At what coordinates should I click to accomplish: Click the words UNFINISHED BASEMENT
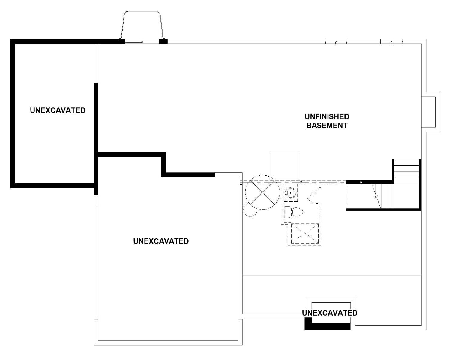click(x=327, y=121)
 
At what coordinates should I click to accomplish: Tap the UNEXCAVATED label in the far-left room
click(x=58, y=110)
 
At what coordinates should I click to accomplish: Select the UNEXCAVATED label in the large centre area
click(x=161, y=241)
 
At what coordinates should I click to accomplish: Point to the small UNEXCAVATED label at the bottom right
click(x=330, y=313)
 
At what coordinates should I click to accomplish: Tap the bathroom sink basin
click(x=290, y=192)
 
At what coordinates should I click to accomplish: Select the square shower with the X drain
click(x=304, y=233)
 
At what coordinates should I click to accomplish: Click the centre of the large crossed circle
click(x=262, y=192)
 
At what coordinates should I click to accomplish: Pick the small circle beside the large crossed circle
click(x=250, y=210)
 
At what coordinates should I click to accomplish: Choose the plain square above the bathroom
click(x=284, y=165)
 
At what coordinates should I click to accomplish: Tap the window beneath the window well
click(x=142, y=41)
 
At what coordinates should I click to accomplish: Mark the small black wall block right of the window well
click(x=163, y=41)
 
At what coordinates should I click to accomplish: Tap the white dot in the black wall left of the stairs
click(x=361, y=182)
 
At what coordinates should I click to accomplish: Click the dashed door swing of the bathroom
click(x=314, y=195)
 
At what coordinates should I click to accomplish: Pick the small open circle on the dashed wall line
click(x=301, y=182)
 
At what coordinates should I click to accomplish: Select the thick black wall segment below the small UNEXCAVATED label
click(x=328, y=326)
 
